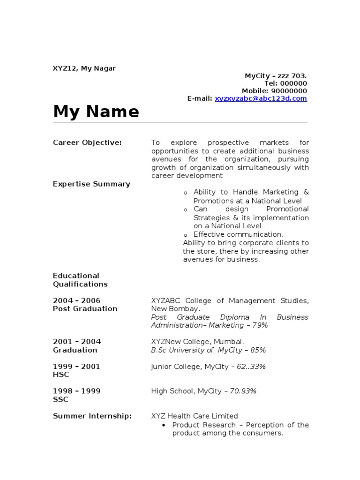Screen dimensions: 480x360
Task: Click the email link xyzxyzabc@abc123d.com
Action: click(x=261, y=98)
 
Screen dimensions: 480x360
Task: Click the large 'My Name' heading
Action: click(x=96, y=112)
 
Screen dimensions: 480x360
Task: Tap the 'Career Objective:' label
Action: click(x=87, y=142)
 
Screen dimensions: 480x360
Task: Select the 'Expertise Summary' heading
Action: click(x=91, y=184)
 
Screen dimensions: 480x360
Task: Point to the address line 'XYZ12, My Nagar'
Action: click(x=84, y=68)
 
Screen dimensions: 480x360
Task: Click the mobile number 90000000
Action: click(x=289, y=91)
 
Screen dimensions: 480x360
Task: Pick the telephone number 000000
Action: click(x=294, y=83)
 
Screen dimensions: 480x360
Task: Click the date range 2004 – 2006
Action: click(x=76, y=300)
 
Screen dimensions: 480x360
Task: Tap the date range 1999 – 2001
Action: click(x=76, y=366)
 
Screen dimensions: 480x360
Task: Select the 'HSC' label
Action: click(x=61, y=375)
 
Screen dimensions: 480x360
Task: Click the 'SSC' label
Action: click(x=60, y=399)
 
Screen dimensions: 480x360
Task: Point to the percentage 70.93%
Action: click(x=243, y=391)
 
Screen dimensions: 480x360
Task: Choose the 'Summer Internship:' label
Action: click(x=92, y=416)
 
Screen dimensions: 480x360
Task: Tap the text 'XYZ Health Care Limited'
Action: click(x=195, y=416)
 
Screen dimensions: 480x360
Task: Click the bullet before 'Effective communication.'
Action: click(x=186, y=235)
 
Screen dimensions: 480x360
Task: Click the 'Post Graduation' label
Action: click(x=85, y=308)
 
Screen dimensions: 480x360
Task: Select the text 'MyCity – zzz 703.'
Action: click(x=276, y=76)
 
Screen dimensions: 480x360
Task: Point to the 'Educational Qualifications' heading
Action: click(x=80, y=280)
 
